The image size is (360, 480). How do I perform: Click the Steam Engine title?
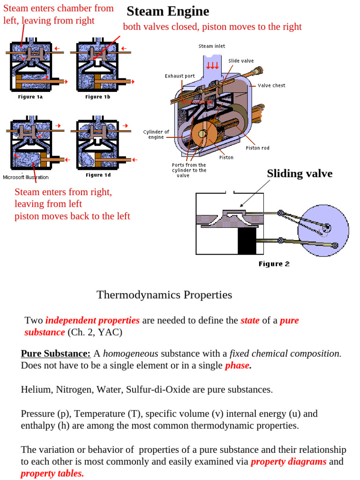point(168,11)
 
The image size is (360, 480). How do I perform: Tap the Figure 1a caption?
point(30,97)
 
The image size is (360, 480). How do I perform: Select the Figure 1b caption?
point(97,97)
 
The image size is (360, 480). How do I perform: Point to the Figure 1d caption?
point(98,175)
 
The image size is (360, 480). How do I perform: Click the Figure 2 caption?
point(274,264)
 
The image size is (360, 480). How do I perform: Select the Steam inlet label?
point(212,46)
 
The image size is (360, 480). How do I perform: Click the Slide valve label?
point(241,61)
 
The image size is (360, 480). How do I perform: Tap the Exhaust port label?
point(180,76)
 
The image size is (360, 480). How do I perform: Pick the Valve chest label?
point(271,85)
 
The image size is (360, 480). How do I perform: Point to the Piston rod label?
point(257,148)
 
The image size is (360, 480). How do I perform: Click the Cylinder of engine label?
point(156,135)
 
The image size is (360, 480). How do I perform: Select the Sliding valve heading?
point(300,173)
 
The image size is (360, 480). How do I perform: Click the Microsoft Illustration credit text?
point(26,177)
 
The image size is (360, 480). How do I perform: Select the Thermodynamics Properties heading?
point(164,295)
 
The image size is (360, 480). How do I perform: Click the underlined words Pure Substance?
point(56,353)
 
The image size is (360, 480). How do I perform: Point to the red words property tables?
point(52,473)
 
